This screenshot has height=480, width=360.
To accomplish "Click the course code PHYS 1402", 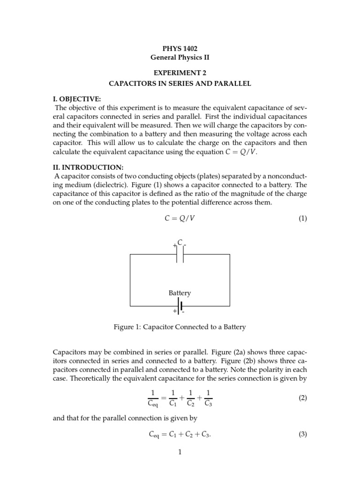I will coord(180,48).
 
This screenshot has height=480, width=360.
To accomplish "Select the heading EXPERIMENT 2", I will coord(180,73).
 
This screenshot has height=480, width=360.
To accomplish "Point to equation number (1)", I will coord(303,218).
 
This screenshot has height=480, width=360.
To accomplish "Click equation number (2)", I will coord(303,398).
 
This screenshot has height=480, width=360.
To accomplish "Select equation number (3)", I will coord(303,434).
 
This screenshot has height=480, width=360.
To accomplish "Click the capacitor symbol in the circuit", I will coord(180,254).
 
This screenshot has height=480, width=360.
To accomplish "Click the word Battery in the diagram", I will coord(180,293).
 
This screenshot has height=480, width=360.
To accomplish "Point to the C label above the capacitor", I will coord(180,242).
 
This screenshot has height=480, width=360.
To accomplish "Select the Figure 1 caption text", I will coord(180,327).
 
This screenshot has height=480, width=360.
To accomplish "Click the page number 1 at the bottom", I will coord(180,452).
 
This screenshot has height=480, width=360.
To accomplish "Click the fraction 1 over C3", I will coord(209,398).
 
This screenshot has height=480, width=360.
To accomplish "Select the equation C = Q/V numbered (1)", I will coord(180,218).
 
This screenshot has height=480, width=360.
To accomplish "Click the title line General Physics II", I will coord(180,58).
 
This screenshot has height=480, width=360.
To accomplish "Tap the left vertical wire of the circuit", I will coord(130,280).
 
